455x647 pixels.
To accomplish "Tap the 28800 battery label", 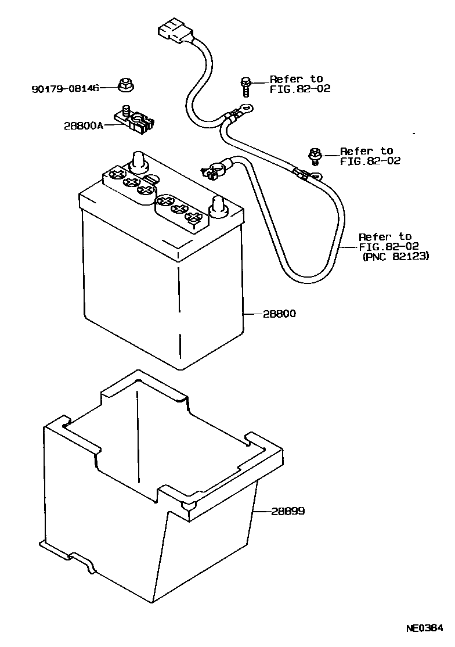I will coord(279,314).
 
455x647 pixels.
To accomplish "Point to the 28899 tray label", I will coord(288,512).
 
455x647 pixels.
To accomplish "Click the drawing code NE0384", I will coord(424,628).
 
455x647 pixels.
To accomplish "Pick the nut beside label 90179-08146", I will coord(125,85).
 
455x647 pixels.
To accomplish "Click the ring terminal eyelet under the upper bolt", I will coord(246,107).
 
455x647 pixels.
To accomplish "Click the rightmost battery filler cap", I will coord(194,218).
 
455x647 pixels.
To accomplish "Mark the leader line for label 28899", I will coord(261,512).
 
